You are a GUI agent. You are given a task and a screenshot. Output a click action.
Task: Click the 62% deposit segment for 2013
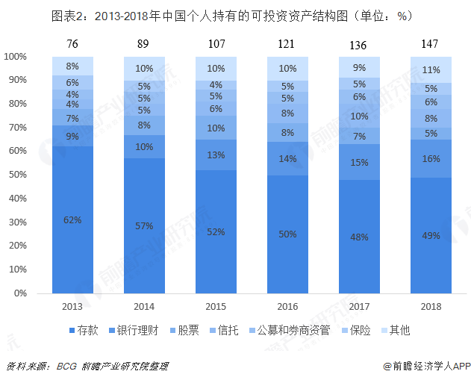tap(72, 219)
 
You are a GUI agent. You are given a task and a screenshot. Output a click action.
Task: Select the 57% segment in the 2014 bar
tap(144, 225)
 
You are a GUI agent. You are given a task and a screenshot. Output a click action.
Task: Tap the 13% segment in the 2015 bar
tap(216, 155)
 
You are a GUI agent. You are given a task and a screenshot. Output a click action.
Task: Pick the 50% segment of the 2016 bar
tap(287, 234)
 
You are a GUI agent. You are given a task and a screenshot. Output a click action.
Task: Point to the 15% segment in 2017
tap(359, 162)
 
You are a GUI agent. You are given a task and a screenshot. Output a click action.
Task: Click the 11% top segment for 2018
tap(431, 69)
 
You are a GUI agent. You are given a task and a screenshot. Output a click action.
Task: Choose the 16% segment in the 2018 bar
tap(431, 158)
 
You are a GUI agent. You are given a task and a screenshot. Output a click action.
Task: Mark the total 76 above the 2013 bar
tap(72, 44)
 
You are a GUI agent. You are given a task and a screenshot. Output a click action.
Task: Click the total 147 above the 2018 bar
tap(431, 44)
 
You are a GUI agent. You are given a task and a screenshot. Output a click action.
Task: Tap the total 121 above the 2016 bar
tap(287, 44)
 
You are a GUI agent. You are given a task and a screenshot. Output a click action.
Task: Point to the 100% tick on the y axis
tap(16, 57)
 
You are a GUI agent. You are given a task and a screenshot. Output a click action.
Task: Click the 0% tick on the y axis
tap(20, 293)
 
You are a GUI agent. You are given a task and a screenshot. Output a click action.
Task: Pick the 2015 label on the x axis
tap(216, 306)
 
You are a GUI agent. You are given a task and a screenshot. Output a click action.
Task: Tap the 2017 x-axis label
tap(359, 306)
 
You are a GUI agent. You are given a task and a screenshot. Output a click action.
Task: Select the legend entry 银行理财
tap(134, 329)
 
